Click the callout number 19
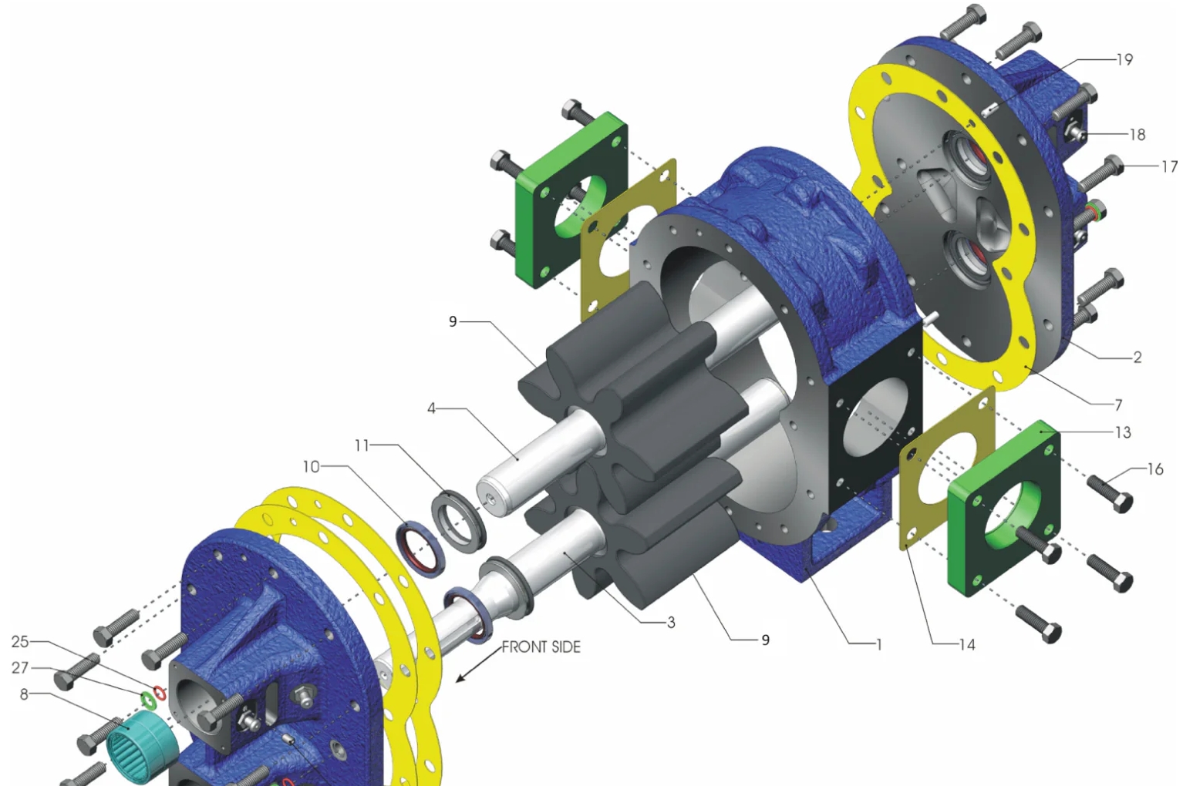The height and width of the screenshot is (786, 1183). [1124, 59]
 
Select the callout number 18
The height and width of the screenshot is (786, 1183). [1137, 135]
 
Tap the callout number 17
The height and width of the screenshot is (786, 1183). [1169, 166]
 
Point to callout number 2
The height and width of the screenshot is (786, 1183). [1137, 358]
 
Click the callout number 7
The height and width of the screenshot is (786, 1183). [1118, 405]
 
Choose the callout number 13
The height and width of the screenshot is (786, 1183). [1123, 432]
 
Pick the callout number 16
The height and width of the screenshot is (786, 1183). [1155, 469]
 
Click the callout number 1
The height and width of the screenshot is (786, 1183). [879, 644]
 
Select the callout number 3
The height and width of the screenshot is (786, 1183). [671, 623]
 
